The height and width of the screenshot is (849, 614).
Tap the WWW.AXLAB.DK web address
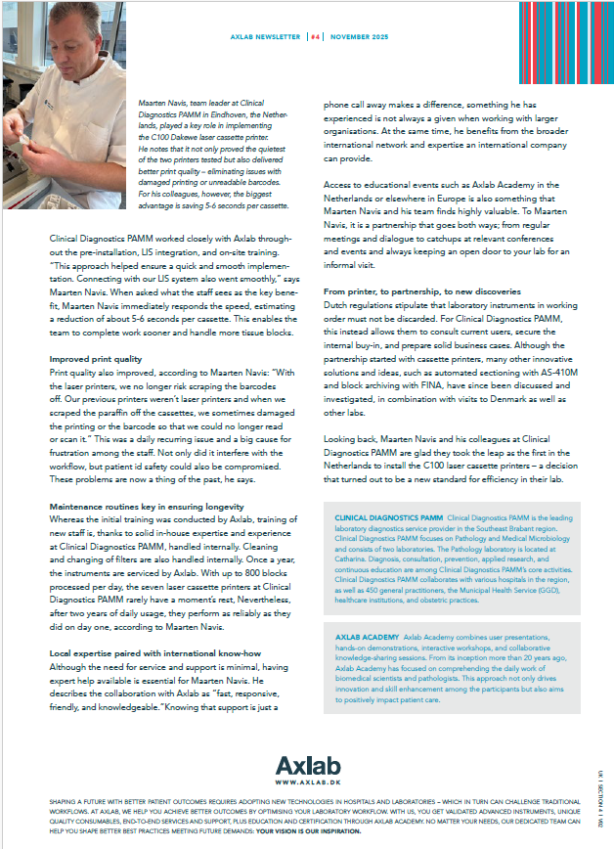coord(306,782)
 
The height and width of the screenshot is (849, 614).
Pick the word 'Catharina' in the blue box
coord(354,555)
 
